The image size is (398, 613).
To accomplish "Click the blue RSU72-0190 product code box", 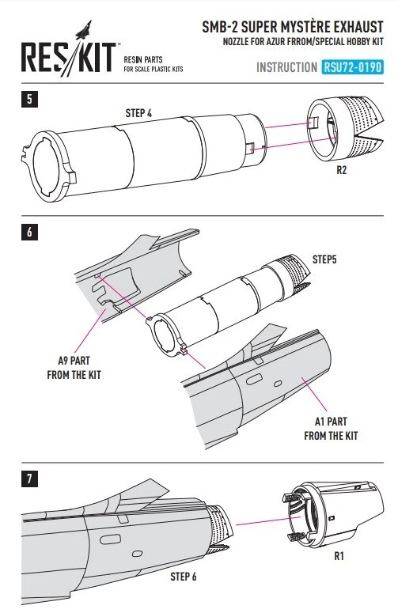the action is click(352, 67).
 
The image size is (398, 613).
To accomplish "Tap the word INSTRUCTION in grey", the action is click(286, 67).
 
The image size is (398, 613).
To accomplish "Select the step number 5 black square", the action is click(29, 99).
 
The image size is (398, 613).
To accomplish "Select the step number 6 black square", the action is click(29, 232).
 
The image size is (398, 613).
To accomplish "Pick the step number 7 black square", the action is click(29, 479).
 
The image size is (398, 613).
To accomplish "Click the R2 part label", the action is click(341, 170).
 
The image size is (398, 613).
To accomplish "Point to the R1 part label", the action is click(339, 555).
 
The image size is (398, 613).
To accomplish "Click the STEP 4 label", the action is click(138, 113).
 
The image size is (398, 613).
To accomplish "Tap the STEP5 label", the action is click(324, 259).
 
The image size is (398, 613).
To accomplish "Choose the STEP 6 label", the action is click(184, 577).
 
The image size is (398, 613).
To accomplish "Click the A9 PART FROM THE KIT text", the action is click(74, 368).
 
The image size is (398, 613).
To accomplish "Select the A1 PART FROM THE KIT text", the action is click(331, 429).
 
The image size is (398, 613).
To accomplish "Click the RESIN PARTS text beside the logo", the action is click(143, 60).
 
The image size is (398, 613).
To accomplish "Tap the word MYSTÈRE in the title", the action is click(299, 27).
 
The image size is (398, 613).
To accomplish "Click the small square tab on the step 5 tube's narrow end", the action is click(251, 148).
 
